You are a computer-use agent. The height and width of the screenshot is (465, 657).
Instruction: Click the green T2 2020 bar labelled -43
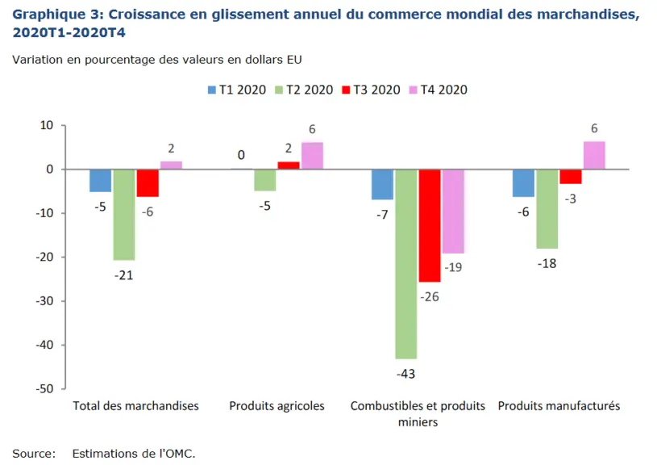coord(406,264)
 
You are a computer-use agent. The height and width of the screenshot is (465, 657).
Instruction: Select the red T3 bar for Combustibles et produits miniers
coord(430,226)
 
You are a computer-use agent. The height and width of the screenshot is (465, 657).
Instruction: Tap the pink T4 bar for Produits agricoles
coord(312,156)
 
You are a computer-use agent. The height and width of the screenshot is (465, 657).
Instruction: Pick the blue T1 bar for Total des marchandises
coord(101,181)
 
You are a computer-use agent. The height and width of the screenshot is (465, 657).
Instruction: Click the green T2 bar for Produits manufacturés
coord(547,209)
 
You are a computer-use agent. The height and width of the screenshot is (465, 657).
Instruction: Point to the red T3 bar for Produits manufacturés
coord(571,177)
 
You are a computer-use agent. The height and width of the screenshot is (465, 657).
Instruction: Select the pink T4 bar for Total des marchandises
coord(171,165)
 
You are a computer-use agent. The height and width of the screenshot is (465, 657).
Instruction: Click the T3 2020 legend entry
coord(372,90)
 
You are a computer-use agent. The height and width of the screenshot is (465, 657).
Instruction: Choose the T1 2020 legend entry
coord(237,90)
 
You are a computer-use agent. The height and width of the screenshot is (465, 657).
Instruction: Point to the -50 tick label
coord(44,388)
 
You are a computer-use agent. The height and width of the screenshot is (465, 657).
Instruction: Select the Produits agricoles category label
coord(277,406)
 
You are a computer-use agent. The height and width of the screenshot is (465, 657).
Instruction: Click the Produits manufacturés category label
coord(559,406)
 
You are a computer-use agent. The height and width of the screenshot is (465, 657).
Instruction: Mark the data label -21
coord(123,275)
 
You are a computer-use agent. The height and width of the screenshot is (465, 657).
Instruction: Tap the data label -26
coord(430,297)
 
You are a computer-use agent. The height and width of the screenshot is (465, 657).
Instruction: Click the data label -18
coord(547,263)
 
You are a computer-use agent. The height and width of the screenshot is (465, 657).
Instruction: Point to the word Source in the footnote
coord(34,454)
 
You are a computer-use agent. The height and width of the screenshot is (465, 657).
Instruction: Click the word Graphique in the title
coord(49,15)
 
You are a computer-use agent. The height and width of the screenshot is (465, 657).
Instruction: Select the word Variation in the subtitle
coord(38,60)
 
